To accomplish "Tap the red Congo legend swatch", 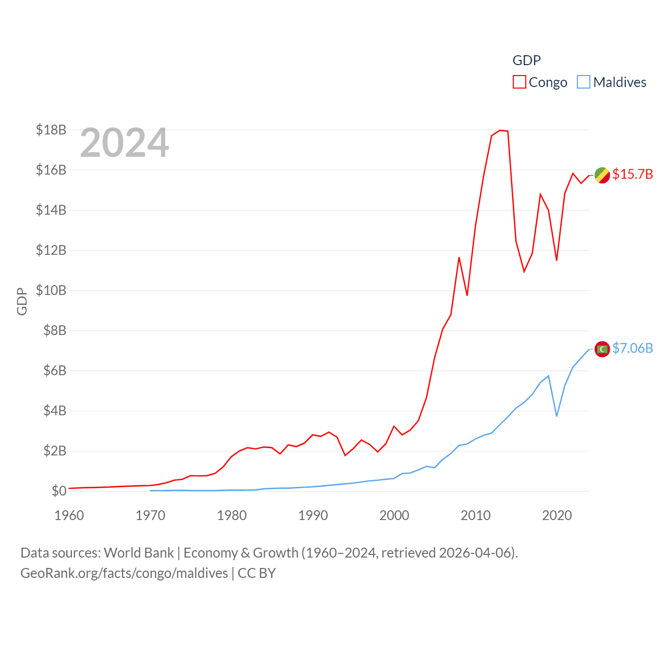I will [x=520, y=82].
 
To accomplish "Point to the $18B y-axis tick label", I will [x=51, y=130].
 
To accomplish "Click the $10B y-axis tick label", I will [x=51, y=290].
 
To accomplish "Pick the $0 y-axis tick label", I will [x=59, y=491].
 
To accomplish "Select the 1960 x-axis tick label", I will [x=69, y=515].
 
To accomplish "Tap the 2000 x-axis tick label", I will [x=394, y=515].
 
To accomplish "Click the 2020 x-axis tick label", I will [x=557, y=515].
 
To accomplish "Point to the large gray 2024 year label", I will [x=125, y=143].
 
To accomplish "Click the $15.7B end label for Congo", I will [x=633, y=174].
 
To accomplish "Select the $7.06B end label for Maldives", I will [x=633, y=348].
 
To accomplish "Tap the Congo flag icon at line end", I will [x=602, y=176].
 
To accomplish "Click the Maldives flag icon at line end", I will [x=602, y=349].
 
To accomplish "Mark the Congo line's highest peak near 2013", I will [x=500, y=130].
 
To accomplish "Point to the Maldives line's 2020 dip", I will [x=557, y=415].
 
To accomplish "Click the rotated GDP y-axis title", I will [x=22, y=301].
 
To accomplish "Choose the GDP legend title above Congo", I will [x=527, y=60].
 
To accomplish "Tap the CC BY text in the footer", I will [x=257, y=573].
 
